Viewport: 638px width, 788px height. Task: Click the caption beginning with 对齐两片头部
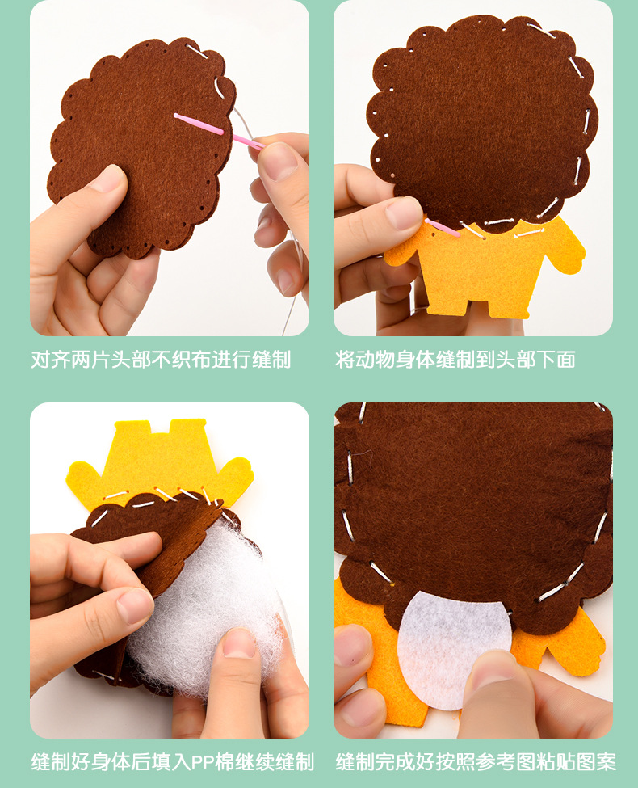pyautogui.click(x=161, y=360)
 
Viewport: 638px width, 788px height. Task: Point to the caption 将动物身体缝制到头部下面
pyautogui.click(x=455, y=360)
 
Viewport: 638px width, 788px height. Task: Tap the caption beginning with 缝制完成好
pyautogui.click(x=476, y=761)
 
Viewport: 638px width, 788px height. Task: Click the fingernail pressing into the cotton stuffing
pyautogui.click(x=239, y=643)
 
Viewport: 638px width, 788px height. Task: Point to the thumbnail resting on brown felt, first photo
pyautogui.click(x=108, y=179)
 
